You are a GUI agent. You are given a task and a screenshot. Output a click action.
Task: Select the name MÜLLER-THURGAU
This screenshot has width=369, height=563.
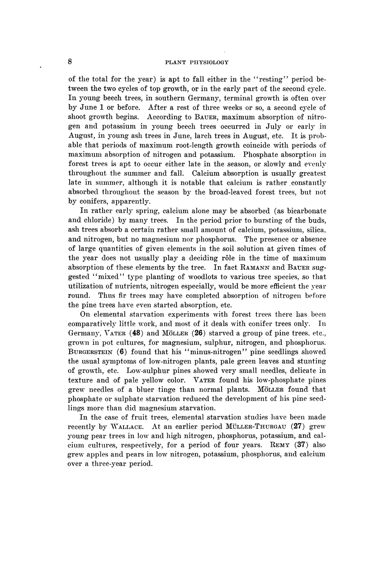[250, 426]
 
